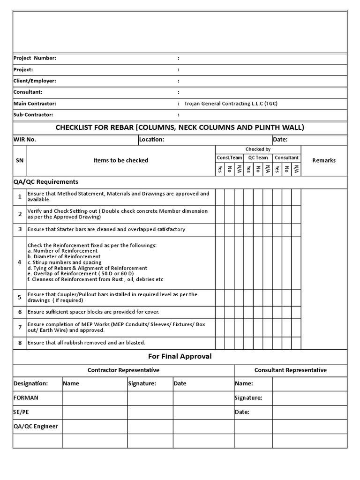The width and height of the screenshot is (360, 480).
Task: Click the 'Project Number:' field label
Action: click(35, 58)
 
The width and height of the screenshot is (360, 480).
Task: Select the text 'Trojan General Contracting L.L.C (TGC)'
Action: click(231, 104)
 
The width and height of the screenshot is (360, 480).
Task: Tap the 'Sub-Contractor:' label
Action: click(33, 115)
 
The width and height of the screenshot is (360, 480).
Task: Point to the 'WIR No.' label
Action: click(25, 140)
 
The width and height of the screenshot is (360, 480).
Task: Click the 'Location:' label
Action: click(151, 140)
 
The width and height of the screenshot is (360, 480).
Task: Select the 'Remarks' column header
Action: click(324, 160)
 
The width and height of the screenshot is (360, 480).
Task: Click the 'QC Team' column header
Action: click(258, 158)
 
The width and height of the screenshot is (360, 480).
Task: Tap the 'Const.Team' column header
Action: click(229, 158)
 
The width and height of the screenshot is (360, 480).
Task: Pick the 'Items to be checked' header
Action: click(120, 160)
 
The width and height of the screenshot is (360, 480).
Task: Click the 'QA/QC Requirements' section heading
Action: click(46, 182)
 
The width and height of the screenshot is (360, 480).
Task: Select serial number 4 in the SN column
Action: click(20, 262)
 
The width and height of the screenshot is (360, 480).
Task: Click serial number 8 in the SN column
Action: click(20, 343)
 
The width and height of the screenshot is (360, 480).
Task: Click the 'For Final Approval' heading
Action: click(180, 357)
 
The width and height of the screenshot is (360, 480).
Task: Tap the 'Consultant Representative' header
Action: click(290, 370)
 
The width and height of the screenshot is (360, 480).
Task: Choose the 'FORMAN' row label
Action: click(26, 398)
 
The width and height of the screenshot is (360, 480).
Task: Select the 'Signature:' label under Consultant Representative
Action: click(248, 398)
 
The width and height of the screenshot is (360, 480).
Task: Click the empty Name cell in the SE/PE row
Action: click(95, 412)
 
